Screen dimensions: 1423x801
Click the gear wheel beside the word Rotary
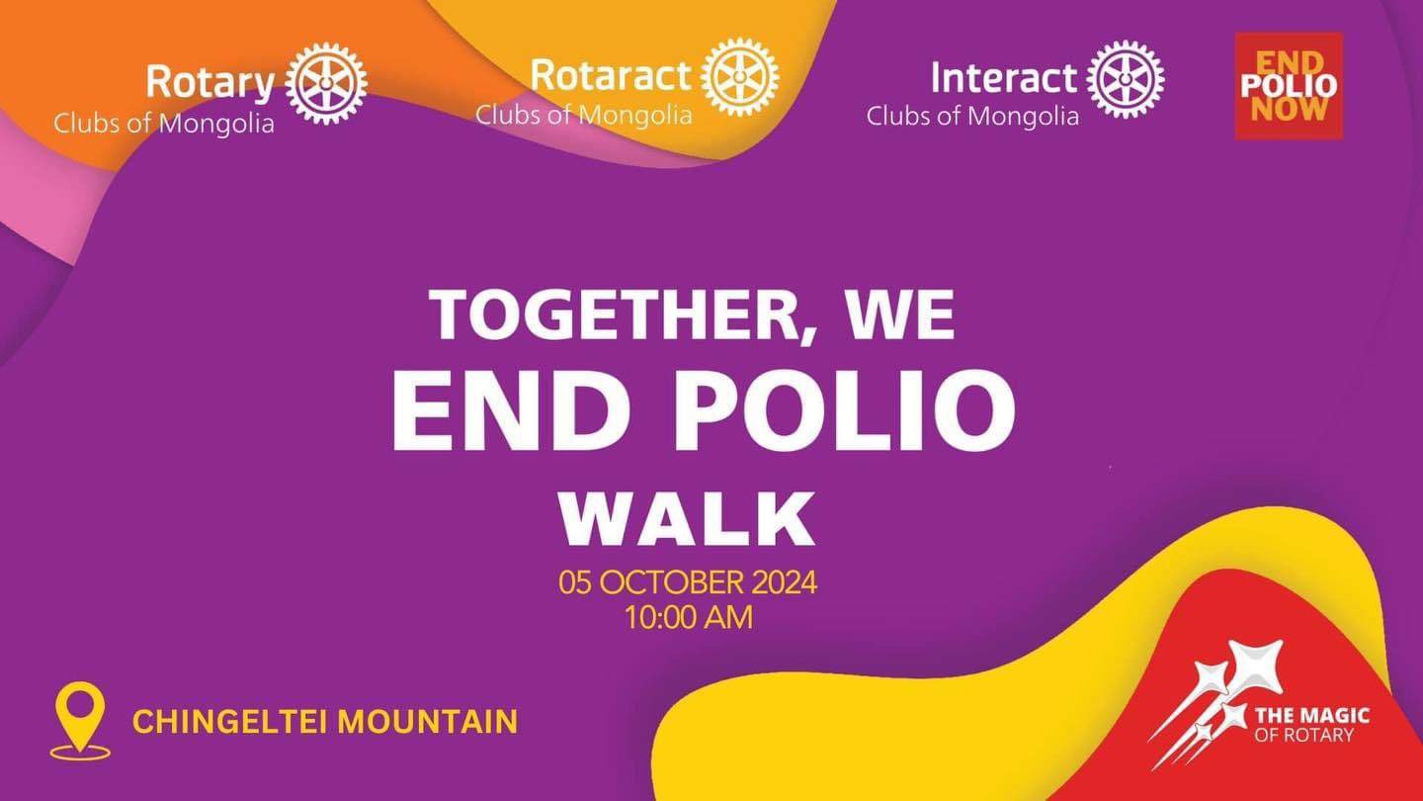(326, 83)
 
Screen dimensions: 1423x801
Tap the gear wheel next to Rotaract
(739, 77)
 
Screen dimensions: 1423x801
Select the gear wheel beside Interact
(1125, 79)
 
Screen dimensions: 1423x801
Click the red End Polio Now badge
(1289, 86)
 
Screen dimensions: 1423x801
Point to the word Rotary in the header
(210, 83)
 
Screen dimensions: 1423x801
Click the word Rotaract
(611, 75)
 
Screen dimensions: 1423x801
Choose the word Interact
(1004, 78)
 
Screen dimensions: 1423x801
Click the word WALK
(688, 519)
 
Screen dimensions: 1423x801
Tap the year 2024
(785, 582)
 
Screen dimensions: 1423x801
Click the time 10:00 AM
(689, 618)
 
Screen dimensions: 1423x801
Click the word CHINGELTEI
(229, 722)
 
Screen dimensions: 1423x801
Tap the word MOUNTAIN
(428, 722)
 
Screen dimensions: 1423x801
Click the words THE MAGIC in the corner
(1312, 716)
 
